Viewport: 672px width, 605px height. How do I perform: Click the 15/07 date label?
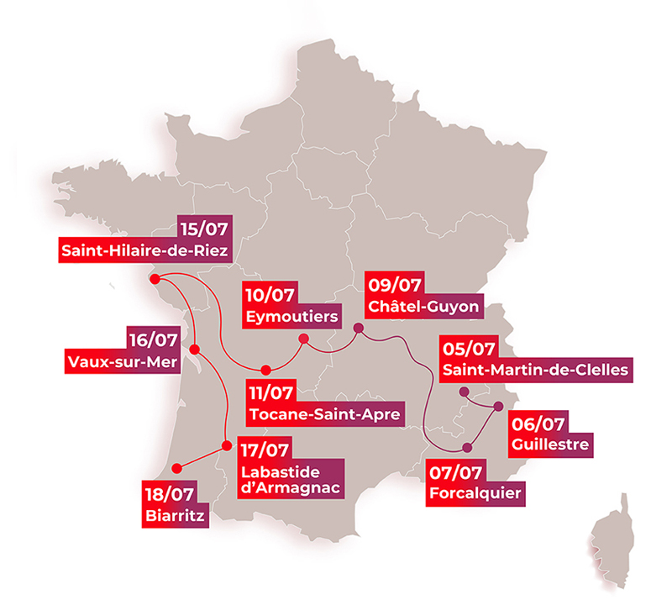205,228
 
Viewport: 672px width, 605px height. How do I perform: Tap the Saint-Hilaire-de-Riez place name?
144,250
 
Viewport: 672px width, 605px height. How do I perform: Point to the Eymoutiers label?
293,317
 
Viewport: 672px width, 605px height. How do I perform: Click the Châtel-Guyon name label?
424,307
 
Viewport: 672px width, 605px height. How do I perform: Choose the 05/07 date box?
468,348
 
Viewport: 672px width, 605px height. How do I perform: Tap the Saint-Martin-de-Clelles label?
535,370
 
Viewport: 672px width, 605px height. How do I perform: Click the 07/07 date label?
454,471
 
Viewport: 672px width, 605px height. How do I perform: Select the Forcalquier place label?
475,492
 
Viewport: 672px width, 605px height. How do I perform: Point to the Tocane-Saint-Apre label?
323,413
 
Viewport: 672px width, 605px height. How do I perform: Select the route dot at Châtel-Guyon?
358,328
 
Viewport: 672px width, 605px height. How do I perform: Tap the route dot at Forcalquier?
467,446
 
